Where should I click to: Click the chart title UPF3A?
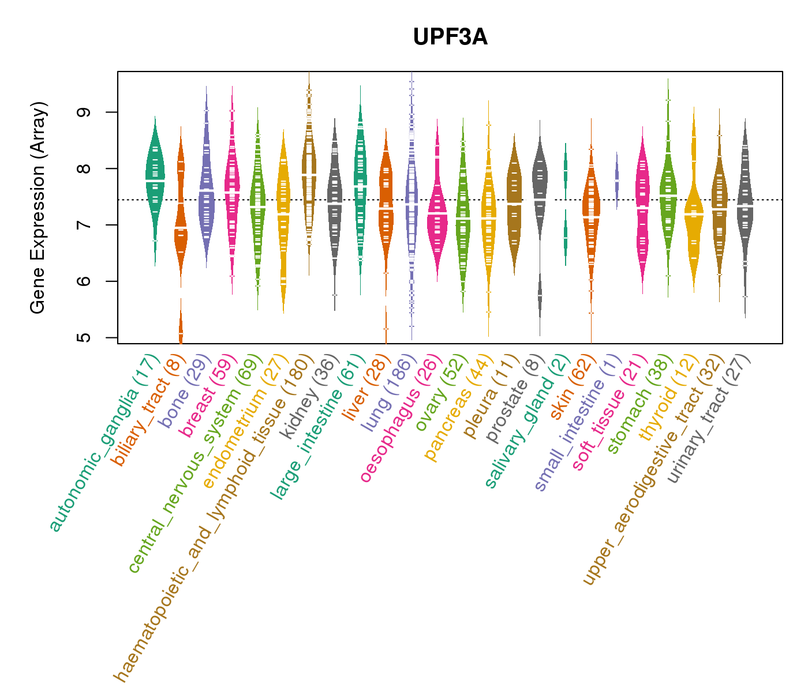coord(450,37)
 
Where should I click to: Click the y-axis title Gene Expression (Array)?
coord(38,208)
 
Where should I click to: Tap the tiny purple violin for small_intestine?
coord(617,179)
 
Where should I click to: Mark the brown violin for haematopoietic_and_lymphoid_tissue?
coord(309,173)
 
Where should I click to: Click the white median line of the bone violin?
coord(207,190)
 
